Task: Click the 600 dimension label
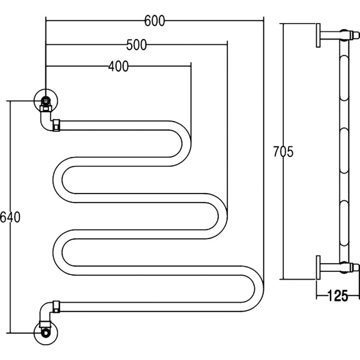(x=154, y=21)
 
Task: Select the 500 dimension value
(x=136, y=45)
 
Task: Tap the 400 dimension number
(x=118, y=67)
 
